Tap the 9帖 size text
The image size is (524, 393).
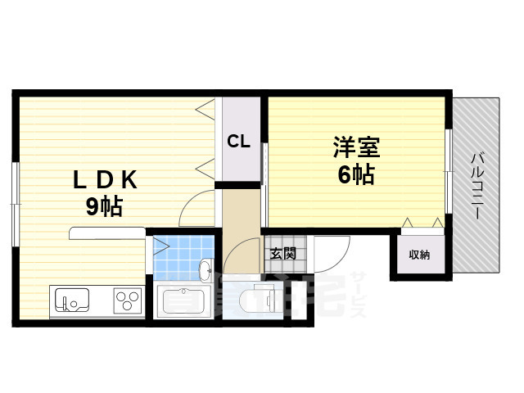[x=104, y=206]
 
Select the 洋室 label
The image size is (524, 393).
[x=356, y=149]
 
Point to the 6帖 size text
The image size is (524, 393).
[x=356, y=174]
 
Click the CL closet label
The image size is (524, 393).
[x=238, y=141]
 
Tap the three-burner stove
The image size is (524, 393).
[x=127, y=300]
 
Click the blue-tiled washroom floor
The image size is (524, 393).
[x=176, y=255]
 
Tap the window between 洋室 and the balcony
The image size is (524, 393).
[x=448, y=164]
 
